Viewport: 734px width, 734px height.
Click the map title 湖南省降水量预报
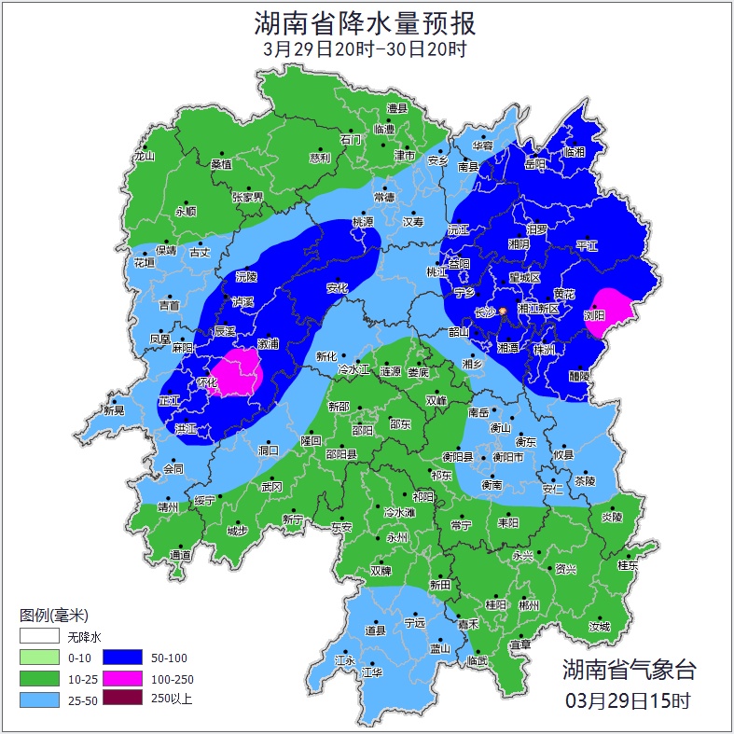[x=366, y=21]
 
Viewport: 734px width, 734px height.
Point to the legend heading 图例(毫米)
[x=53, y=615]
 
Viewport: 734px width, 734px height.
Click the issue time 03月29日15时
[x=629, y=699]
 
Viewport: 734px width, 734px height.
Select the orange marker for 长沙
[x=503, y=311]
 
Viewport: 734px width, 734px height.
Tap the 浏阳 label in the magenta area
[x=594, y=315]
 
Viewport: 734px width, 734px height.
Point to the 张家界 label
[x=247, y=197]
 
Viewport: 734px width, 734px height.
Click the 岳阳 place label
[x=534, y=163]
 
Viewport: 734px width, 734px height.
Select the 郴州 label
[x=529, y=604]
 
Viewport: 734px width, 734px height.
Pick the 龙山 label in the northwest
[x=144, y=156]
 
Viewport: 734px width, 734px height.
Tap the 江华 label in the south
[x=372, y=672]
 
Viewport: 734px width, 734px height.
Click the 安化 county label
[x=336, y=287]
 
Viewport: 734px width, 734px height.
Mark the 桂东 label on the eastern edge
[x=629, y=564]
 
